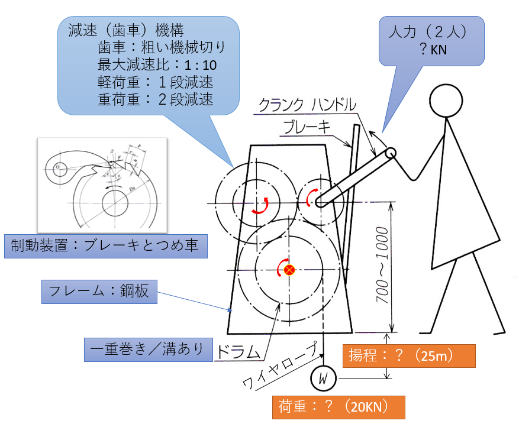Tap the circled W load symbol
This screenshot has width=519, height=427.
(323, 377)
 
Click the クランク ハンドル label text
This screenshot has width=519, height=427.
(307, 106)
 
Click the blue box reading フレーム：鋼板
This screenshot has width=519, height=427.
(100, 292)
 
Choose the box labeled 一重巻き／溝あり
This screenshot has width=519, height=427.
(148, 348)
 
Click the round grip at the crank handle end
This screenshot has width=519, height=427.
(391, 153)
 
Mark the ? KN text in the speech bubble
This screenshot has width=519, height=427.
(433, 50)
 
